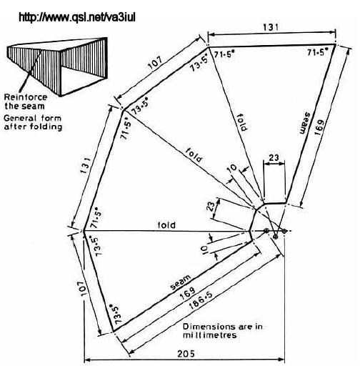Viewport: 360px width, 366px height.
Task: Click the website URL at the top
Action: (77, 17)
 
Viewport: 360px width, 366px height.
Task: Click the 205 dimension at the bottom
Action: (186, 354)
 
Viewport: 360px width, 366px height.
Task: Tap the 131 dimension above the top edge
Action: (271, 27)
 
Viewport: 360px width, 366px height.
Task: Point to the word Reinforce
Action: (26, 97)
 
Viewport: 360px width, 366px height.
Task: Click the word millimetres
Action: (210, 335)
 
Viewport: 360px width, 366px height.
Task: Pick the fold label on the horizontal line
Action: (166, 225)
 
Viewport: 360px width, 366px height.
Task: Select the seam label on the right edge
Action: (305, 123)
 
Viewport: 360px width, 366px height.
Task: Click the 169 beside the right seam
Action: (319, 127)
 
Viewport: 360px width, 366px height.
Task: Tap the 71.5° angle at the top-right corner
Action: (317, 52)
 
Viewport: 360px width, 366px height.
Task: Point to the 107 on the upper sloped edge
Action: (156, 62)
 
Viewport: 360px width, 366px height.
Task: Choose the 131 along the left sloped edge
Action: (86, 165)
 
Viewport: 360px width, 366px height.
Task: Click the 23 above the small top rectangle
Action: (274, 158)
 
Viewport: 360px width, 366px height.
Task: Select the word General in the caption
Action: (21, 118)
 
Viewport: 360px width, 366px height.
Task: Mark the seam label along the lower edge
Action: (181, 282)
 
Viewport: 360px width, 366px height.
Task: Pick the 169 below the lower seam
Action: (188, 293)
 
